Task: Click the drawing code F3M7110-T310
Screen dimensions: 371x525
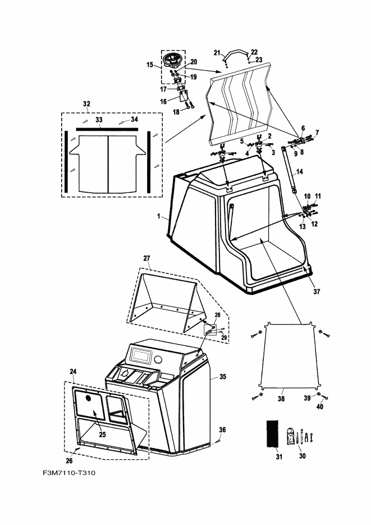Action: coord(69,473)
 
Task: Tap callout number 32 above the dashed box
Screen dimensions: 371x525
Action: coord(86,104)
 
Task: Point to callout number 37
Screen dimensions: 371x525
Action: coord(317,291)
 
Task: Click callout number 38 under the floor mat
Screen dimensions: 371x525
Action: coord(281,399)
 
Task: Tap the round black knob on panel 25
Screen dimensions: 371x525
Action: coord(89,398)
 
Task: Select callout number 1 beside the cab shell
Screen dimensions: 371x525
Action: coord(159,216)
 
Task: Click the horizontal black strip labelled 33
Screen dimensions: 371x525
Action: coord(107,129)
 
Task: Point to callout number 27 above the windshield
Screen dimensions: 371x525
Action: coord(146,258)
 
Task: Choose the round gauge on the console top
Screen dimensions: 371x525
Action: coord(158,360)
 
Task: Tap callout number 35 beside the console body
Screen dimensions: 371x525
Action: coord(223,377)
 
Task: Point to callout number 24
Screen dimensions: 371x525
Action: coord(73,371)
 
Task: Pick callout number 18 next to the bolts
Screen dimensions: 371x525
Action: coord(176,112)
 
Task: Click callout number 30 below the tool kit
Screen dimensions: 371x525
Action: coord(302,456)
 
